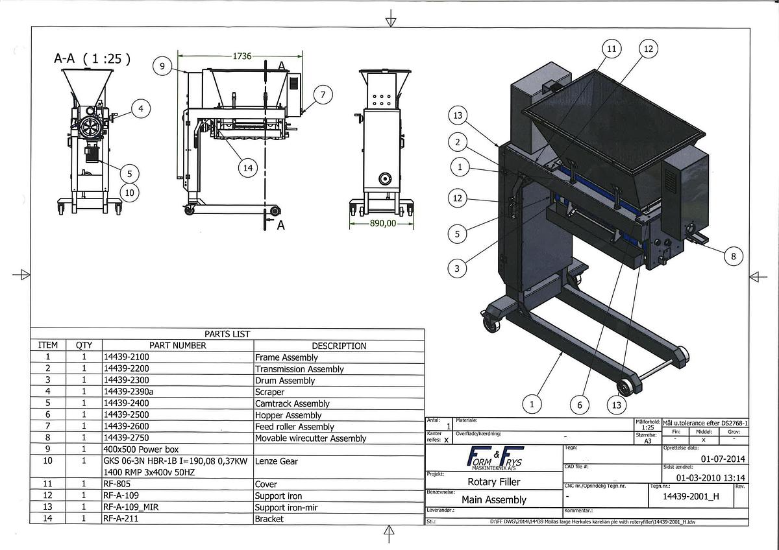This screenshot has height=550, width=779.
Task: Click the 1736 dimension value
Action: [242, 56]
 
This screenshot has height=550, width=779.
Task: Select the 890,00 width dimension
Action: [382, 223]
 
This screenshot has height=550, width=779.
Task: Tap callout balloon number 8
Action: [734, 256]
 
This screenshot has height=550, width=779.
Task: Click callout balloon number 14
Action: [247, 168]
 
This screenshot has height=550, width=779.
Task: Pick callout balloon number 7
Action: [323, 95]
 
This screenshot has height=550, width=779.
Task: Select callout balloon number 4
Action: [141, 108]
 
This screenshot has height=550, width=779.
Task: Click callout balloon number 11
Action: [612, 49]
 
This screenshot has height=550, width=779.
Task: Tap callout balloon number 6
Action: [580, 405]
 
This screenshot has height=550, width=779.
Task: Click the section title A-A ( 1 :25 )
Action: [92, 58]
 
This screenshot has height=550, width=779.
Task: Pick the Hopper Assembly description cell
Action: [288, 415]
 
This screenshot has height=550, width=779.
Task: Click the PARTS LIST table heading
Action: [227, 334]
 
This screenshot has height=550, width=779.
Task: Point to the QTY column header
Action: [84, 346]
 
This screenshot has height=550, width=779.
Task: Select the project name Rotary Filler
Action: [494, 482]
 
